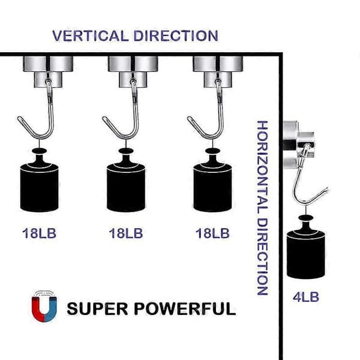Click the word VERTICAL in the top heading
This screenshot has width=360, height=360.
point(90,36)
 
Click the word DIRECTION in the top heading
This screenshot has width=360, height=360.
point(176,36)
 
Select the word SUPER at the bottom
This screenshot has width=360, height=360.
point(97,308)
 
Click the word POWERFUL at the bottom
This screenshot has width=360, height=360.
point(185,308)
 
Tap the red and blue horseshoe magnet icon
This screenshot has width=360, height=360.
point(44,306)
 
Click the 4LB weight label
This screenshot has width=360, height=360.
point(306,297)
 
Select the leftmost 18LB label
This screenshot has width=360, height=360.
point(39,233)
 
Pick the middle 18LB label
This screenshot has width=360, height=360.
point(126,233)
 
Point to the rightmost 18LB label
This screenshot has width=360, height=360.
point(212,233)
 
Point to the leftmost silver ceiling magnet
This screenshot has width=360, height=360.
point(48,71)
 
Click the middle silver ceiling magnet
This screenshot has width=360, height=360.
point(133,71)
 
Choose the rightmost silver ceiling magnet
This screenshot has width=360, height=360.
point(218,71)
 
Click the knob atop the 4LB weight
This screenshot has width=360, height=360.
point(305,218)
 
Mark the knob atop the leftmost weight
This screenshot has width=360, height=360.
point(39,151)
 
